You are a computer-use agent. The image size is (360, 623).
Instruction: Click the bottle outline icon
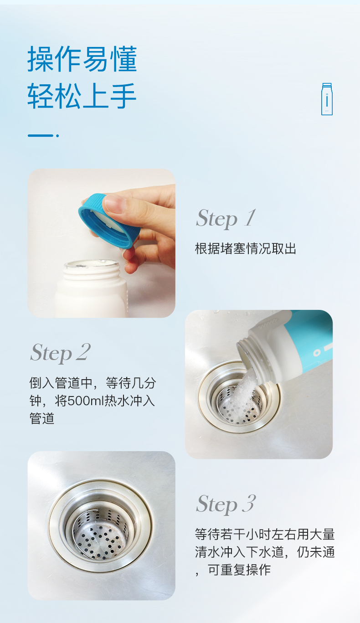(x=327, y=99)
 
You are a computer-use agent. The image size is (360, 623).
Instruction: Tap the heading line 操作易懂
(x=82, y=59)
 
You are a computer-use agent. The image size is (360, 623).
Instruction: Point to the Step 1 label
(x=226, y=219)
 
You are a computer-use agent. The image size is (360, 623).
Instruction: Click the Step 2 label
(x=60, y=353)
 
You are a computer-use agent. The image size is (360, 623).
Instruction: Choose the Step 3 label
(x=226, y=504)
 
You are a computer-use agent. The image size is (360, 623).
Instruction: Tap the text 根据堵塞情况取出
(x=246, y=248)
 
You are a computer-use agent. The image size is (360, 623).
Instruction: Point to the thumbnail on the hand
(x=114, y=203)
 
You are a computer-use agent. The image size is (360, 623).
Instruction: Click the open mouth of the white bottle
(x=92, y=264)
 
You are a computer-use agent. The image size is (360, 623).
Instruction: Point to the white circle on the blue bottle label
(x=317, y=353)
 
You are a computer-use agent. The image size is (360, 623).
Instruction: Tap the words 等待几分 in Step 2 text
(x=131, y=383)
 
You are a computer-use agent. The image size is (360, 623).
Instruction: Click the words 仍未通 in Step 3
(x=315, y=552)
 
